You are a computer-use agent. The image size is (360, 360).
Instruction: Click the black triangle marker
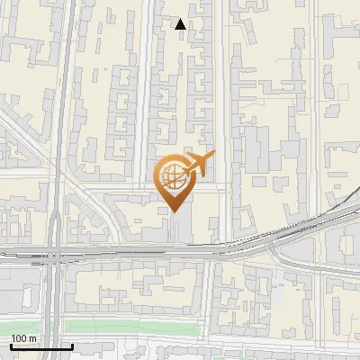181,24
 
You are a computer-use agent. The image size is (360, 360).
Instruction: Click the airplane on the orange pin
198,164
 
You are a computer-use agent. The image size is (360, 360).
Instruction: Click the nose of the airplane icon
214,154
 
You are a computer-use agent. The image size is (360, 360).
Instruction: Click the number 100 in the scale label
20,338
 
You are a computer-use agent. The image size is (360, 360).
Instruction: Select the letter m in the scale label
32,338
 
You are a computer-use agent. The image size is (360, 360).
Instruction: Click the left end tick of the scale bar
11,345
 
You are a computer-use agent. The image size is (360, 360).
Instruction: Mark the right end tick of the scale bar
72,345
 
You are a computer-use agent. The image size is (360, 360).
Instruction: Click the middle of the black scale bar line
41,346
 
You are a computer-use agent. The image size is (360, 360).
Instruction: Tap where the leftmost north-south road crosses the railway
56,254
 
